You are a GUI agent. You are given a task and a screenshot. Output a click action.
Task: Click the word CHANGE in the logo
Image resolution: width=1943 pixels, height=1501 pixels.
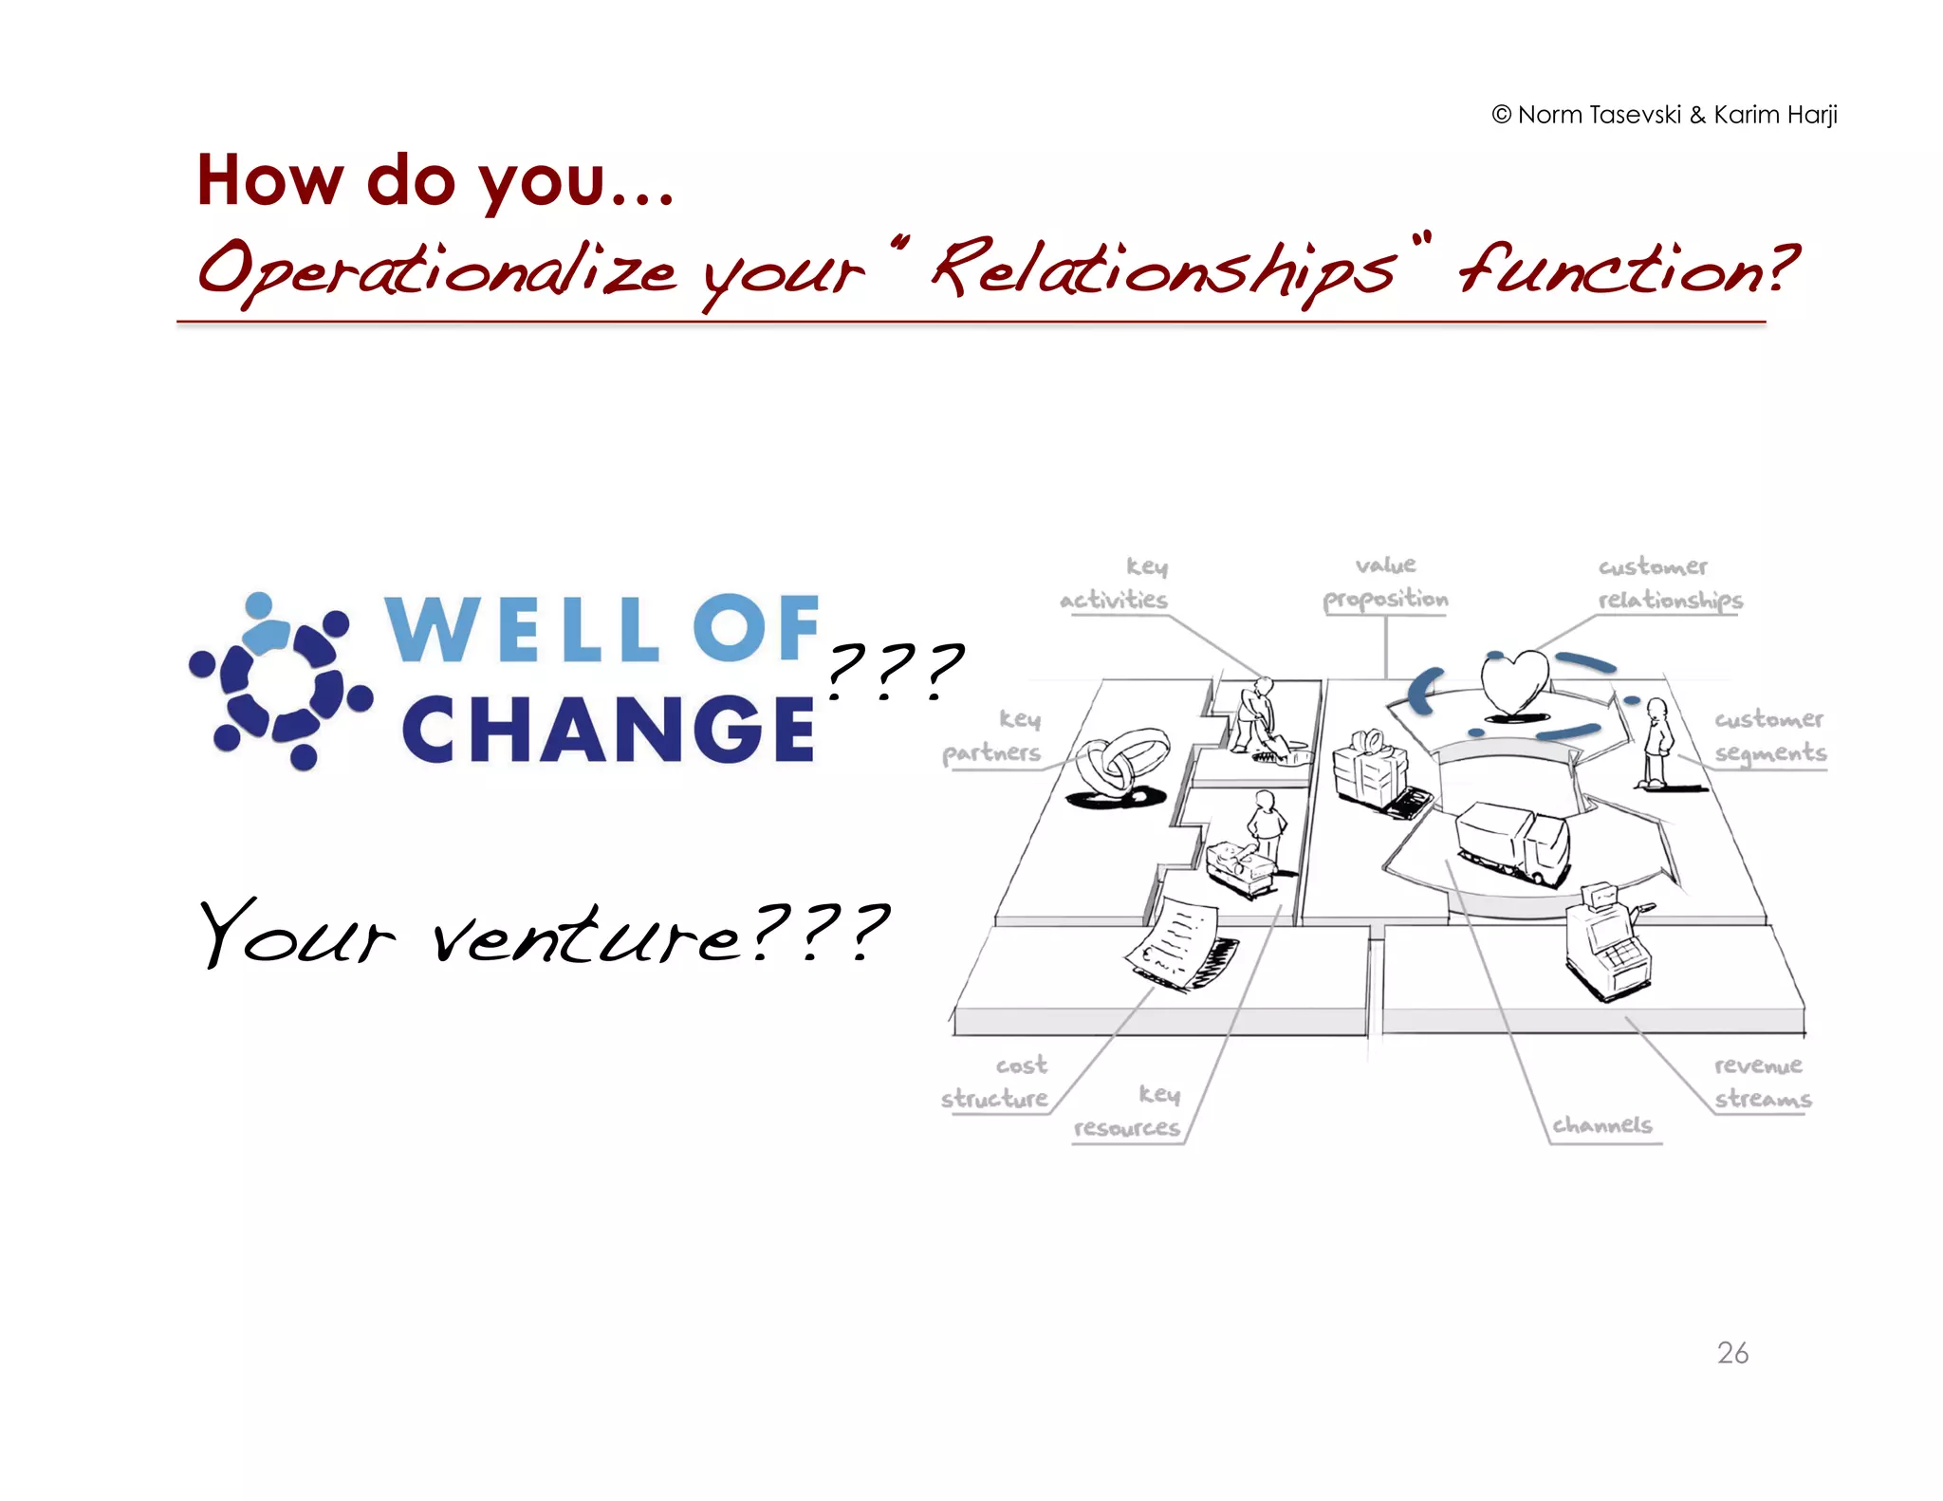pyautogui.click(x=607, y=729)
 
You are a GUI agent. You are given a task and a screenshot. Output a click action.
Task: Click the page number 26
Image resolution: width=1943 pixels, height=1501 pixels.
pyautogui.click(x=1732, y=1352)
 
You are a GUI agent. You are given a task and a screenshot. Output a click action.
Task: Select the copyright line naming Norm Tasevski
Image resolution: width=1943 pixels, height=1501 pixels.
pyautogui.click(x=1664, y=115)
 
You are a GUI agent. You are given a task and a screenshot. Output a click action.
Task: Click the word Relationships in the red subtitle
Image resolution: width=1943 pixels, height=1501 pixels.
pyautogui.click(x=1163, y=269)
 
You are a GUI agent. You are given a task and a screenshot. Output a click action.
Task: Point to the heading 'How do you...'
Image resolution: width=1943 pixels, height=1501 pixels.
pyautogui.click(x=435, y=180)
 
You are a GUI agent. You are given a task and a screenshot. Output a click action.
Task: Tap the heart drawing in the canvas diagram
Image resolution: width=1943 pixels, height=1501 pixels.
pyautogui.click(x=1514, y=682)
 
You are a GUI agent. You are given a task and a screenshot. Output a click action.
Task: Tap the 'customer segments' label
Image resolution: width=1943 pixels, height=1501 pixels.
pyautogui.click(x=1768, y=735)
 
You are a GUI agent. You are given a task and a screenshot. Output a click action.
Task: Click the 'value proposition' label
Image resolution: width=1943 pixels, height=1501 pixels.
pyautogui.click(x=1385, y=583)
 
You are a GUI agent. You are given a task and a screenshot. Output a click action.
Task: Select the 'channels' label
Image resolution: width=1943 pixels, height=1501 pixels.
pyautogui.click(x=1602, y=1125)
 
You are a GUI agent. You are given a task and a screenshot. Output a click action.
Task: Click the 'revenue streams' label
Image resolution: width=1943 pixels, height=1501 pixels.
pyautogui.click(x=1761, y=1082)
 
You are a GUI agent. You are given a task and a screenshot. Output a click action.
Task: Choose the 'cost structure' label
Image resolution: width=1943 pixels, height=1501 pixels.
pyautogui.click(x=995, y=1082)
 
